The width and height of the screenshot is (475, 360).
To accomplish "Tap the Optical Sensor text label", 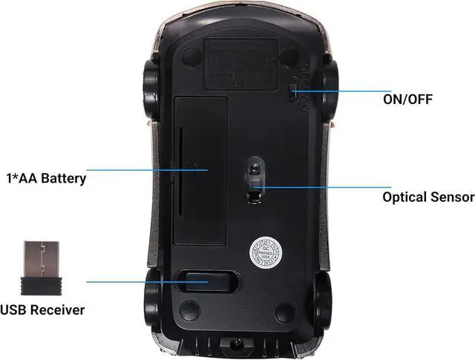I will pyautogui.click(x=427, y=197).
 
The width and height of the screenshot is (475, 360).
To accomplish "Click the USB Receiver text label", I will pyautogui.click(x=42, y=309).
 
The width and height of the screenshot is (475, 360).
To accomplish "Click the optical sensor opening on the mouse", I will pyautogui.click(x=255, y=182).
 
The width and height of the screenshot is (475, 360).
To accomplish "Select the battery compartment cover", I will pyautogui.click(x=200, y=168).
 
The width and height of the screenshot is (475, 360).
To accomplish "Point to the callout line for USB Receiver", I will pyautogui.click(x=134, y=281).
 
